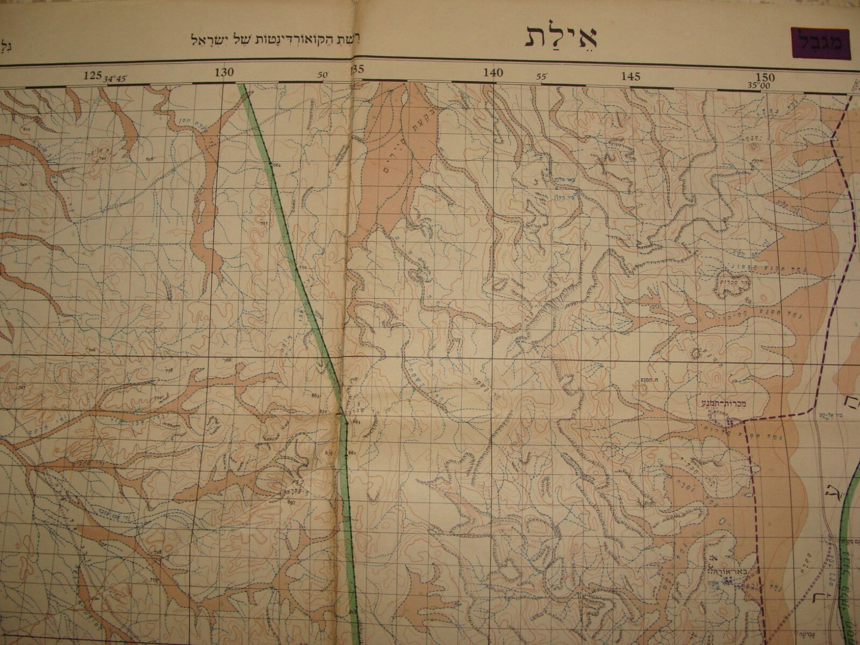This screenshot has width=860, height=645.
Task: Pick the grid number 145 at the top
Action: click(630, 76)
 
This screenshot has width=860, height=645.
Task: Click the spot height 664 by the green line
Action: click(277, 164)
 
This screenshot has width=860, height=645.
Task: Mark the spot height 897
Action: click(292, 503)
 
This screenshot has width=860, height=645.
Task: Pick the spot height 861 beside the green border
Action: click(352, 453)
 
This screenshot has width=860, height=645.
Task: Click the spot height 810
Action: click(27, 130)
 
